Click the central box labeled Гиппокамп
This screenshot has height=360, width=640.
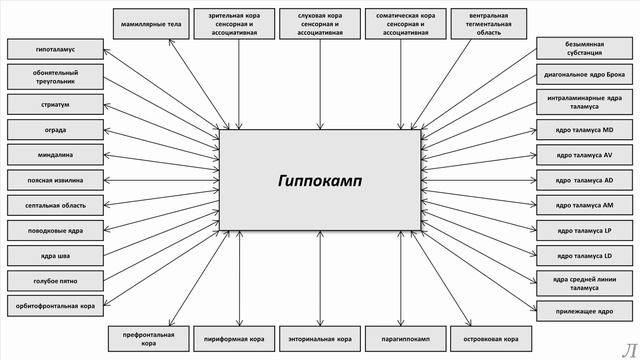coord(320,180)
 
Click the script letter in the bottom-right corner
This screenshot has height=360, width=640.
coord(627,347)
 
